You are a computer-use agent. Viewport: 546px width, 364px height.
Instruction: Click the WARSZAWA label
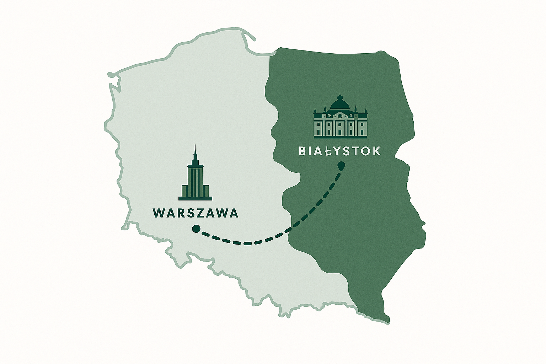click(195, 213)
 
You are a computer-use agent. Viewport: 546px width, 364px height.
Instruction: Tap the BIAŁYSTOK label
click(339, 151)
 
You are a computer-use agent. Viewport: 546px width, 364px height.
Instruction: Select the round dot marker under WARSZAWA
click(195, 229)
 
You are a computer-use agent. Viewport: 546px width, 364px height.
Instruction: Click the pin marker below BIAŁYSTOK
click(341, 166)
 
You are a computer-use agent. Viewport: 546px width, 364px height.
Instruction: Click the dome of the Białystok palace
click(340, 104)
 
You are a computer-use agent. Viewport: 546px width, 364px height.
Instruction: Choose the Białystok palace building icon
click(340, 119)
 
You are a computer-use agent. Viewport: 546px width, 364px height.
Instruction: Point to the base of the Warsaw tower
click(195, 198)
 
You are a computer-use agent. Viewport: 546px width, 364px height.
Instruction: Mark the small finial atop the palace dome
click(340, 96)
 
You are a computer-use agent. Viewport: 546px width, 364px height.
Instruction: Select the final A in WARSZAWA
click(233, 213)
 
